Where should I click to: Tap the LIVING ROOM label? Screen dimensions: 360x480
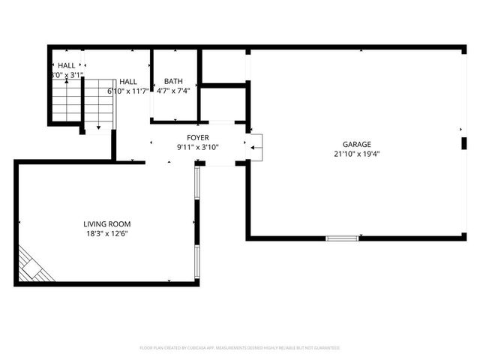(107, 223)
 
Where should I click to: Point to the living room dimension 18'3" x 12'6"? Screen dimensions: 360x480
(107, 233)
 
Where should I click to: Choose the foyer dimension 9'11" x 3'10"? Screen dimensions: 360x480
(197, 147)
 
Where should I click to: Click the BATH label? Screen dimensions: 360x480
(173, 81)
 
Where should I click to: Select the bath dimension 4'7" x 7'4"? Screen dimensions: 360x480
(173, 91)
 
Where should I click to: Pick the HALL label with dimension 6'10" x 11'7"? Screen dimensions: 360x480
(128, 81)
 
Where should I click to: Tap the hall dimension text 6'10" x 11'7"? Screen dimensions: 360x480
(128, 91)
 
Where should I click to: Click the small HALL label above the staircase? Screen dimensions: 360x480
(67, 66)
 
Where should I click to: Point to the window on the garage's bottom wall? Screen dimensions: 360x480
(342, 238)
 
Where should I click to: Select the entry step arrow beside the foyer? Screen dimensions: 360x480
(256, 148)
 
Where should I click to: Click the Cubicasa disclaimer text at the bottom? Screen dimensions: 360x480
(240, 348)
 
